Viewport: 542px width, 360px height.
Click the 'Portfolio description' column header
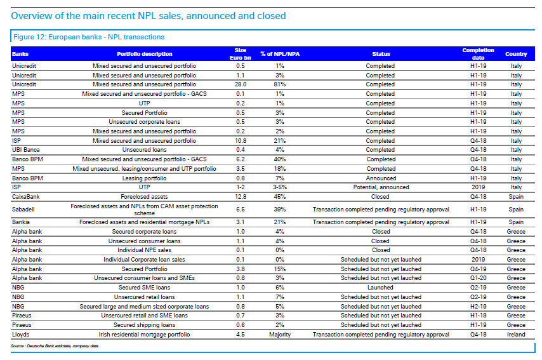pos(144,54)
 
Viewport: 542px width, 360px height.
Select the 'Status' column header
pos(381,54)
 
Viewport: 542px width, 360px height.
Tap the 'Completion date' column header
pos(478,54)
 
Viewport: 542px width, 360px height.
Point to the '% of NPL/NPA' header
pos(280,54)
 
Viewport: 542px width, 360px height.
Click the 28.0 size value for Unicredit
pos(241,84)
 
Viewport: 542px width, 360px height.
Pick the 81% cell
pos(280,84)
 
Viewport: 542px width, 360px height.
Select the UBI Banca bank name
pos(26,150)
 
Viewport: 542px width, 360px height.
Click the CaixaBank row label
pos(26,197)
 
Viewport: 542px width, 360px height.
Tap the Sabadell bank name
pos(23,210)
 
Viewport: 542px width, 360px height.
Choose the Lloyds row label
pos(21,335)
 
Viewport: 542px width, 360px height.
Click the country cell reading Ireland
pos(516,335)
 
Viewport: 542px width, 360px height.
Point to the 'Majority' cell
pos(280,335)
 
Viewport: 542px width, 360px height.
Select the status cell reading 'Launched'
pos(380,288)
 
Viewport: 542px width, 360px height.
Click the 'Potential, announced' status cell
pos(381,187)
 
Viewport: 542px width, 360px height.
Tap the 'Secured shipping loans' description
pos(144,325)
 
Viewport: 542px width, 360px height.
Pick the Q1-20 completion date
pos(478,278)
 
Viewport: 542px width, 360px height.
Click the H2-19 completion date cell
pos(478,307)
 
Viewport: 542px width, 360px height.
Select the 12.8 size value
pos(241,197)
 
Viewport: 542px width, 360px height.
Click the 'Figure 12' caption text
pos(89,37)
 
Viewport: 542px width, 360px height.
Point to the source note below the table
pos(55,346)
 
